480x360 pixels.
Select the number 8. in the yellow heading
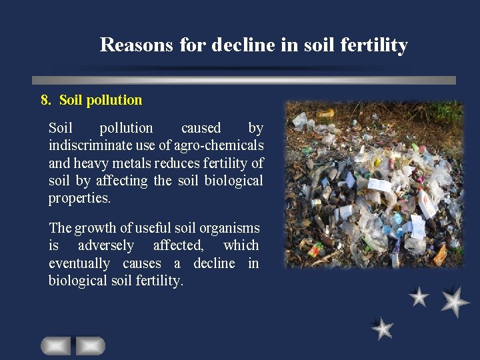[x=46, y=100]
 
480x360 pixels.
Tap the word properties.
[x=79, y=199]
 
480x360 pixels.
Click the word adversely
[x=106, y=245]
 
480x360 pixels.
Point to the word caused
[x=201, y=128]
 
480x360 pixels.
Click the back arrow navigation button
[x=56, y=346]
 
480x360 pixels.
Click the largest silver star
[x=455, y=301]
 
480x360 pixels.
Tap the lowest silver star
[x=383, y=329]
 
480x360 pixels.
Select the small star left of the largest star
[x=419, y=297]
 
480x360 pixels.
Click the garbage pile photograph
[x=373, y=184]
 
